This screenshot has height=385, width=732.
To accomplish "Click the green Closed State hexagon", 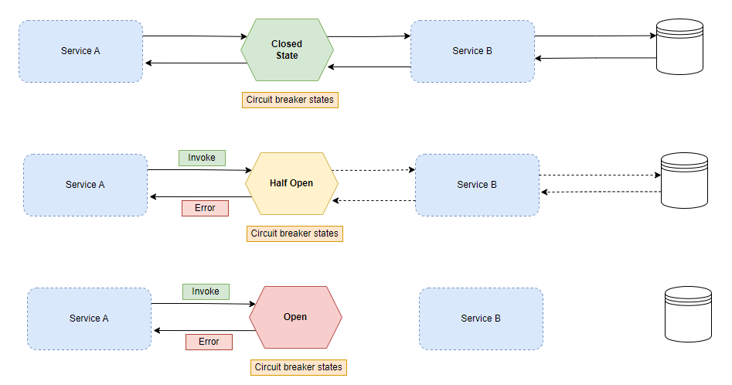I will tap(287, 50).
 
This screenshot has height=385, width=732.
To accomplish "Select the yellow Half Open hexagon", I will tap(291, 184).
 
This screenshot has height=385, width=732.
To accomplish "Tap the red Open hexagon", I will tap(295, 317).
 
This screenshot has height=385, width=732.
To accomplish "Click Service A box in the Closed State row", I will tap(81, 51).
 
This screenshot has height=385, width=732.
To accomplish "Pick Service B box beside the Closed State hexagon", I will tap(472, 51).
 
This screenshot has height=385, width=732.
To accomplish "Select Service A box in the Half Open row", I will tap(85, 185).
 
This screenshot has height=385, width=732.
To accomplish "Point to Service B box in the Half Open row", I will tap(477, 185).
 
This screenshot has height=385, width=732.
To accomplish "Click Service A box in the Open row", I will tap(89, 319).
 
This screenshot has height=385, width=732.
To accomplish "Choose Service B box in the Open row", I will tap(481, 319).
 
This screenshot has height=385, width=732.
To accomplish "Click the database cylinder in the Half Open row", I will tap(684, 181).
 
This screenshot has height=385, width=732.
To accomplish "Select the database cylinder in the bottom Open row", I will tap(688, 314).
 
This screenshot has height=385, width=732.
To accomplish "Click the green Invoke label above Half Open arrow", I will tap(202, 158).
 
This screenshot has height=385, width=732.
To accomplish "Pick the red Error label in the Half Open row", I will tap(205, 208).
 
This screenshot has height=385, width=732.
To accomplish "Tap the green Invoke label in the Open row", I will tap(206, 291).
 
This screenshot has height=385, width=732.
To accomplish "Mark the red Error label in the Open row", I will tap(209, 342).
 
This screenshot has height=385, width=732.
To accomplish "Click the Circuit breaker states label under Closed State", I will tap(290, 100).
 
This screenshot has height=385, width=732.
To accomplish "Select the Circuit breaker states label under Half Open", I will tap(295, 233).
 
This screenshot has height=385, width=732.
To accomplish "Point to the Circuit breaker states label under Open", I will tap(298, 367).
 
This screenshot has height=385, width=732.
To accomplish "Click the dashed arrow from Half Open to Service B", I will tap(376, 170).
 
